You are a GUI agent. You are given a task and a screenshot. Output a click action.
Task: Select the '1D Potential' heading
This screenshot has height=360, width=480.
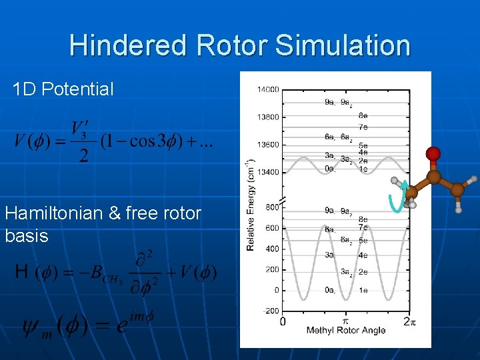coord(63,89)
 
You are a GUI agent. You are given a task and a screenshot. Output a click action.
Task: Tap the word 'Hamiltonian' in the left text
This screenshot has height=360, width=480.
coord(53,213)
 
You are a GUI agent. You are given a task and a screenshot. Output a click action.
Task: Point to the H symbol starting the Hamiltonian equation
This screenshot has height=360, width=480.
coord(21,271)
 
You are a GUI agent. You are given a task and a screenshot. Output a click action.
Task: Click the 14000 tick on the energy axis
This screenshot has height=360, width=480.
coord(267,89)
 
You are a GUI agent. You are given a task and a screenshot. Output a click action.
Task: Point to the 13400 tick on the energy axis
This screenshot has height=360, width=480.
coord(267,172)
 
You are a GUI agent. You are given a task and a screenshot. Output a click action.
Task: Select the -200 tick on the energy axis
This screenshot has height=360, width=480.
coord(270,311)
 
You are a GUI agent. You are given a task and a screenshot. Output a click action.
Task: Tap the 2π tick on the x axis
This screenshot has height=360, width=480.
coord(410,321)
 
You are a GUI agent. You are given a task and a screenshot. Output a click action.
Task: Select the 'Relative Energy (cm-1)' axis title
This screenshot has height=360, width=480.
coord(250,205)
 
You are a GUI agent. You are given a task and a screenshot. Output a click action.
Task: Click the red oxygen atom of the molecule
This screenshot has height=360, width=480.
coord(433,155)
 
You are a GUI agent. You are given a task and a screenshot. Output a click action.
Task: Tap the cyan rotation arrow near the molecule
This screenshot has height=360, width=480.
coord(396,198)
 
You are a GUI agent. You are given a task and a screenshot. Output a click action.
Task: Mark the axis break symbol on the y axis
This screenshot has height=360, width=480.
coord(283,201)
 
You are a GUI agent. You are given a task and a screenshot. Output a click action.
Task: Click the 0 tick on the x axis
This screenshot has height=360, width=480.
coord(283,321)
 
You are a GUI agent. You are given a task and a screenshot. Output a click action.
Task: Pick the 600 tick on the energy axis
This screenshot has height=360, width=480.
coord(271,228)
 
